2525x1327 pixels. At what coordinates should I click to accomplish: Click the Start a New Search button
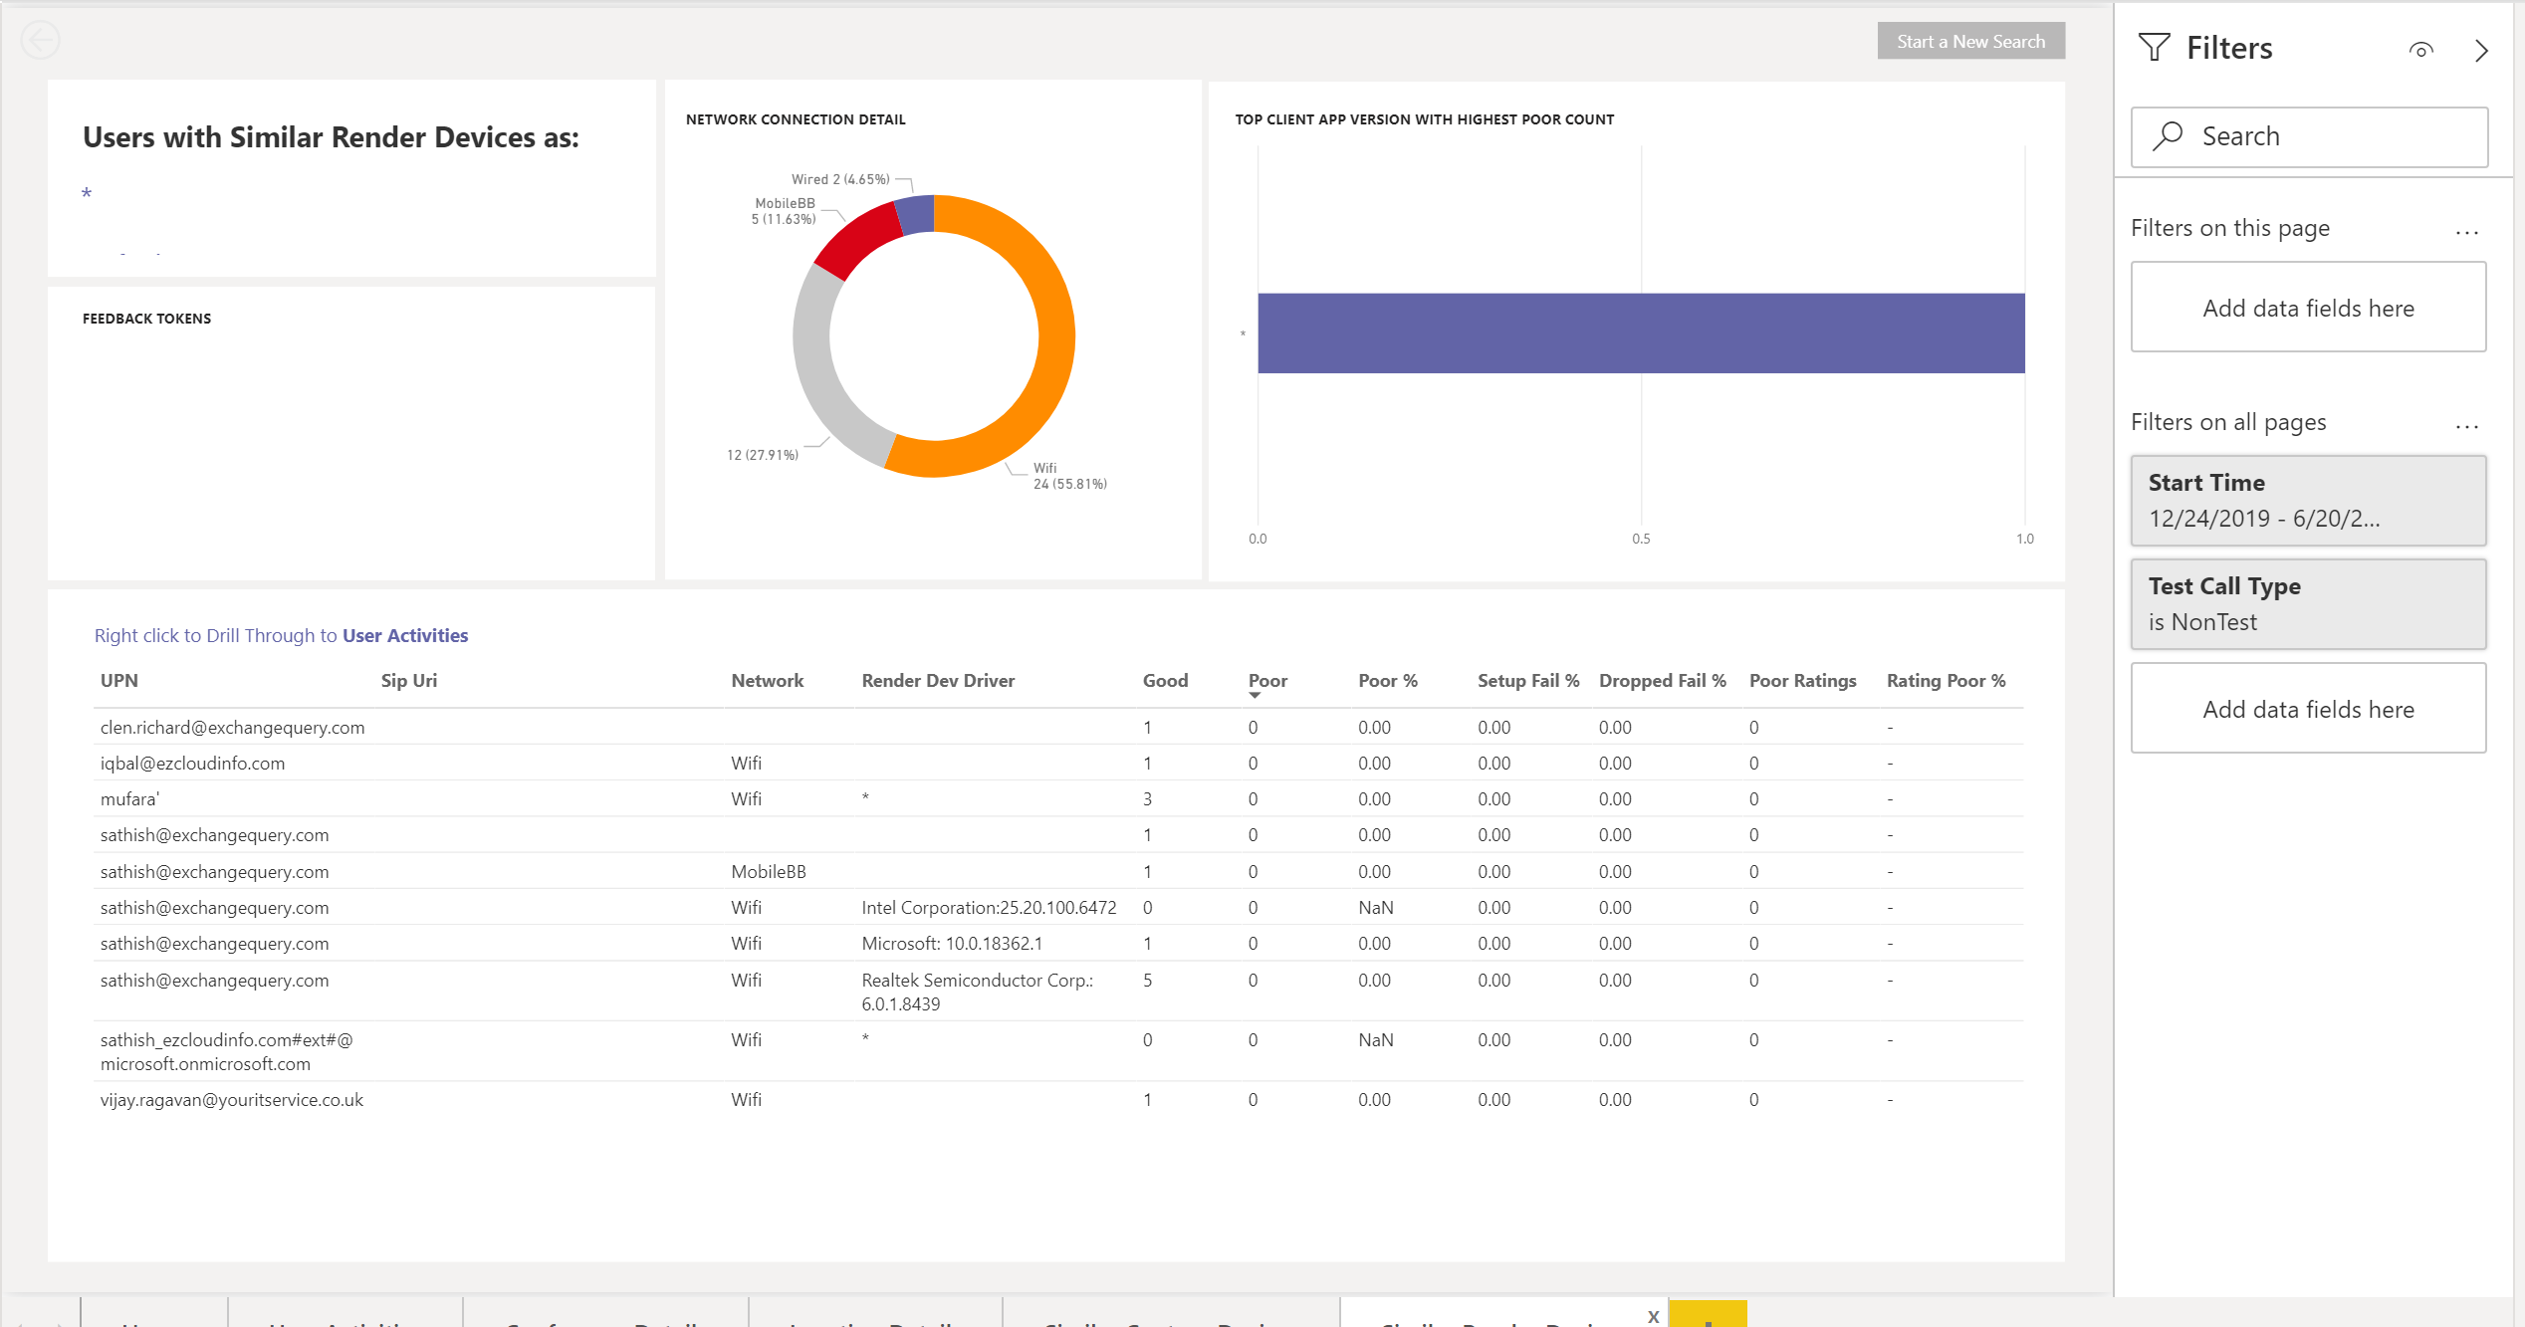click(x=1970, y=42)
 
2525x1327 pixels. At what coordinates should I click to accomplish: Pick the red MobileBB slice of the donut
click(x=857, y=239)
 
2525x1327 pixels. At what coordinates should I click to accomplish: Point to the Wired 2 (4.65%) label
click(x=839, y=179)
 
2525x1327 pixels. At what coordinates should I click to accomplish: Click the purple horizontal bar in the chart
click(x=1640, y=332)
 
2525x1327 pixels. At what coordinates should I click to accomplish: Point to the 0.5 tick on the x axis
click(x=1641, y=539)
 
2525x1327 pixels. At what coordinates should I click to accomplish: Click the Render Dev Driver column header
click(x=938, y=681)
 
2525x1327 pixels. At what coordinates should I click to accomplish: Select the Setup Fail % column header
click(x=1527, y=681)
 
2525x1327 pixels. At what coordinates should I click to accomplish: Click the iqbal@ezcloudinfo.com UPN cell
click(x=192, y=764)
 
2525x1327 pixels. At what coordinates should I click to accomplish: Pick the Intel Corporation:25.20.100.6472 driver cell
click(x=988, y=908)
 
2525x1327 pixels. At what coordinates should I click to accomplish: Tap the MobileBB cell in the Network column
click(x=768, y=872)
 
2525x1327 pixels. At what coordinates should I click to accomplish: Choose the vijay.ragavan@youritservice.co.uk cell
click(x=231, y=1100)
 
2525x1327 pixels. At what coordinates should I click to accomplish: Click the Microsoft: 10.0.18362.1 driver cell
click(x=951, y=944)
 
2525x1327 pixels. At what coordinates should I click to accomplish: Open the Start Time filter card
click(x=2307, y=501)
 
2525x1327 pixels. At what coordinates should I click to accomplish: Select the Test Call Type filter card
click(x=2307, y=604)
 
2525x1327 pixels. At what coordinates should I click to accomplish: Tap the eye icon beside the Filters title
click(x=2420, y=50)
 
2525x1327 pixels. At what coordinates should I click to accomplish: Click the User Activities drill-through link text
click(x=404, y=635)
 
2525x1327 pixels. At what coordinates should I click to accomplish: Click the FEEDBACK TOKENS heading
click(x=146, y=319)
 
